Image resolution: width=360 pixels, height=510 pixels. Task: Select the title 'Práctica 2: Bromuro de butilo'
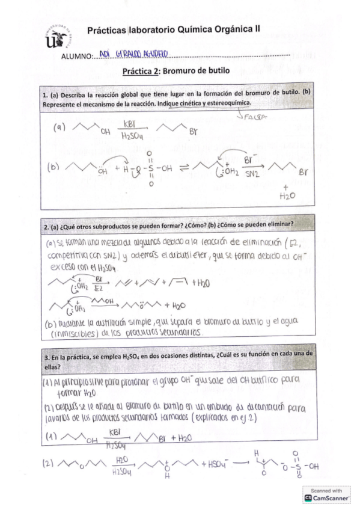[176, 70]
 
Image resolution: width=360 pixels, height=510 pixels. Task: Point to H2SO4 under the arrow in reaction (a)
[130, 137]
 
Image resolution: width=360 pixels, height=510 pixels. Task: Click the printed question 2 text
[168, 226]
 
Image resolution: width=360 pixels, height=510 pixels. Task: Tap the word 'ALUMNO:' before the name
[77, 57]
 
